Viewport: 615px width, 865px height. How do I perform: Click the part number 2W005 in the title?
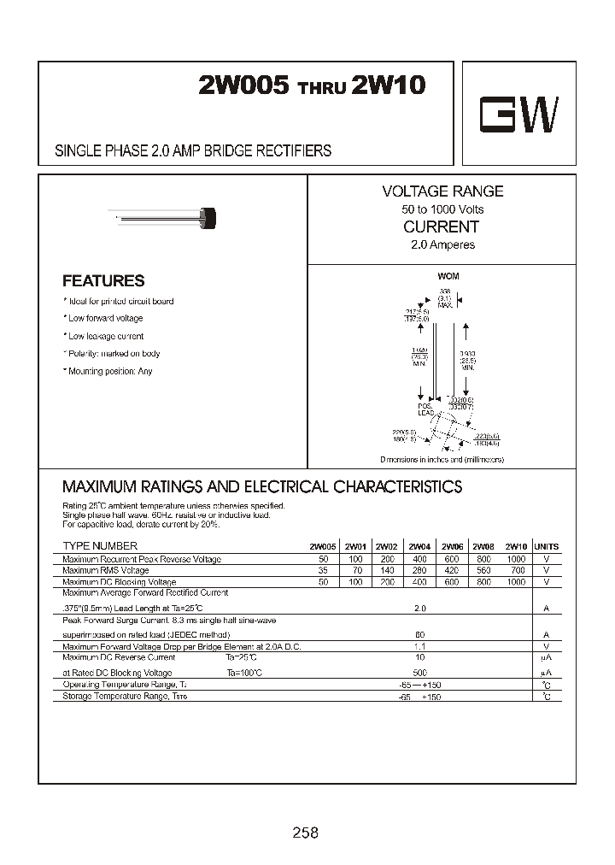pos(244,86)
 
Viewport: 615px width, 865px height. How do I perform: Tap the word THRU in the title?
pos(323,90)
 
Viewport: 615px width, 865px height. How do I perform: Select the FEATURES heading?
pos(103,280)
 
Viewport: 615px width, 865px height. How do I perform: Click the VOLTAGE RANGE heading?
pos(442,191)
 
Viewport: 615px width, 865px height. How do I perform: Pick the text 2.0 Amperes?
pos(442,245)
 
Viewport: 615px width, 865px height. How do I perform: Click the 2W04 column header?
pos(419,547)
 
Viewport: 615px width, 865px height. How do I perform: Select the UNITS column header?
pos(546,547)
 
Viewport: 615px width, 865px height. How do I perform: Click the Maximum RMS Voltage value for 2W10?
pos(516,570)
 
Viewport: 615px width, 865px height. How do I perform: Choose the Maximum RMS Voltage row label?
pos(106,570)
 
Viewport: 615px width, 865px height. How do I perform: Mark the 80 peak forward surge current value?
pos(419,636)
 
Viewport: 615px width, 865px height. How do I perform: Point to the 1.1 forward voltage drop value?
pos(419,647)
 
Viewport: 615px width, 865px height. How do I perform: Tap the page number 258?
pos(305,833)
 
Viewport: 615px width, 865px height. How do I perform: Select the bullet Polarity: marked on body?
pos(112,354)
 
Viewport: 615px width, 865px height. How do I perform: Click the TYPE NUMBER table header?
pos(100,546)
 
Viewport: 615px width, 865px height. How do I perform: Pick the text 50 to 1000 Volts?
pos(442,209)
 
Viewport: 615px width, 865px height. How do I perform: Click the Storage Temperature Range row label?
pos(125,697)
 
